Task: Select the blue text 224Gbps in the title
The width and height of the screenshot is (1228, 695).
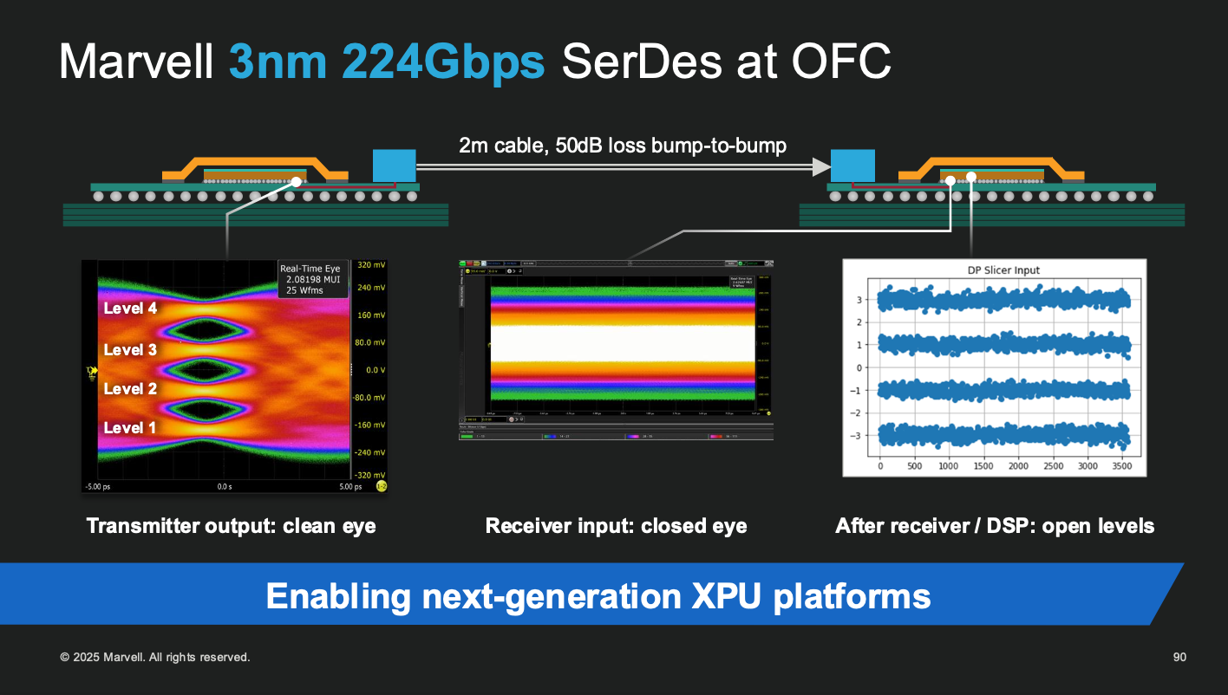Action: coord(443,62)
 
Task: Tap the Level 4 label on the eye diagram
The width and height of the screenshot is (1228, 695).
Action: coord(130,308)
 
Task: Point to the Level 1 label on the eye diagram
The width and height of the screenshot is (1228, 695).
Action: coord(130,427)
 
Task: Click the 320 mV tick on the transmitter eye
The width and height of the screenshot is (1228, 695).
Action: coord(370,265)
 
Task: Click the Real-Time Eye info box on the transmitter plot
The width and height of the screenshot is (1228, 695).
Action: coord(313,278)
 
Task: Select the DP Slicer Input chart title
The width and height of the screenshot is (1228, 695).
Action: coord(1003,270)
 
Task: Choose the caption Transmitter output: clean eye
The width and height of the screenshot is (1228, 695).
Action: coord(232,526)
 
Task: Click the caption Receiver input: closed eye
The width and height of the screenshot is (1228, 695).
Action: coord(616,526)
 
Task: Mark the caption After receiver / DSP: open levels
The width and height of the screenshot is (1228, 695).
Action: coord(995,526)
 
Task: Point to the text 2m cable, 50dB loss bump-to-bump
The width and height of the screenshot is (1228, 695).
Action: coord(623,145)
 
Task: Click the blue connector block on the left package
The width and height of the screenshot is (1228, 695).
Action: coord(395,166)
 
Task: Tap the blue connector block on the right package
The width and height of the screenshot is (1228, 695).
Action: coord(852,166)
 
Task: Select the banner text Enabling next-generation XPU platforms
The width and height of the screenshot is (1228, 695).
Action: coord(598,596)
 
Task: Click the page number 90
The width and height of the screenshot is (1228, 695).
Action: coord(1179,658)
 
